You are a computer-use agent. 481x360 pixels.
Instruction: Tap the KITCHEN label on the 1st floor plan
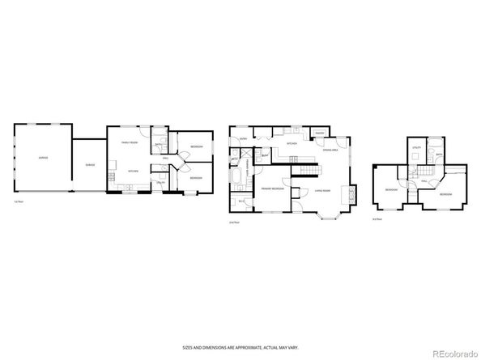133,172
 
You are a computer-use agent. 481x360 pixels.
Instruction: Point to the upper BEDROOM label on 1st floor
197,146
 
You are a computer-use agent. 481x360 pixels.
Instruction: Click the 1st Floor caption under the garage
17,201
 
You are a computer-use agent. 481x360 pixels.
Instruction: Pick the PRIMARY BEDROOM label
272,188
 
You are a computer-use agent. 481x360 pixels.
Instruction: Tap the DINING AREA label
330,150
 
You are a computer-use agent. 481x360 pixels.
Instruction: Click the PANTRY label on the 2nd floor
320,133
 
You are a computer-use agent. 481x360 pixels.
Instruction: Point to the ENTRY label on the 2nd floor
244,139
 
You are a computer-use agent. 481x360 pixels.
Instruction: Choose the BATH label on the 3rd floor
438,154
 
